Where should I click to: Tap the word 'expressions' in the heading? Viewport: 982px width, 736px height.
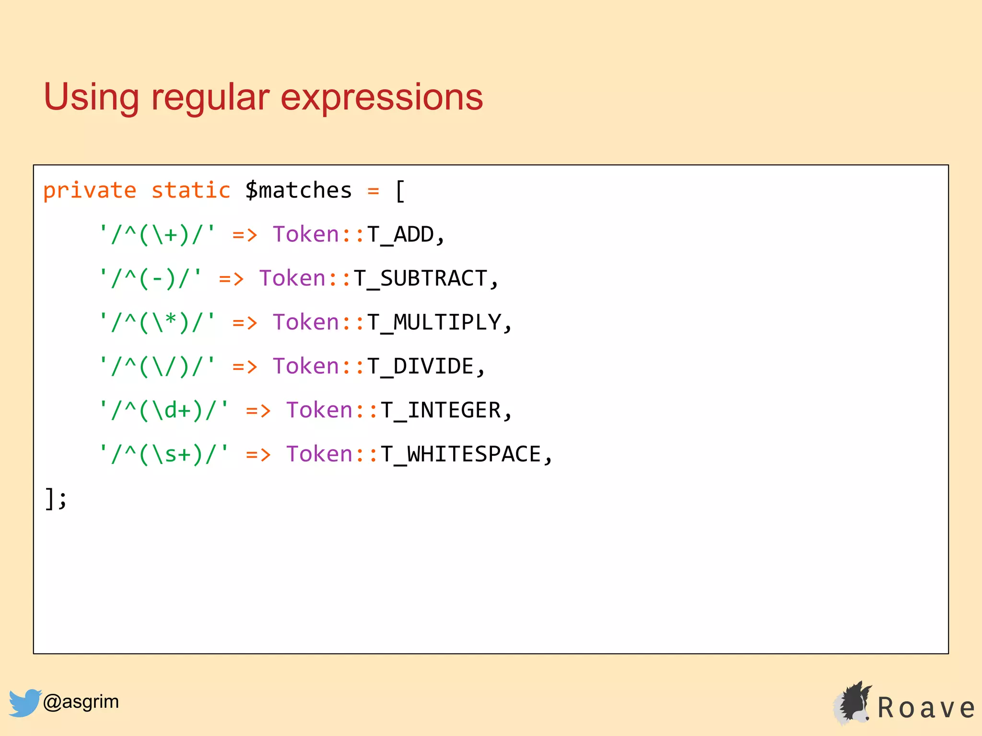pyautogui.click(x=382, y=98)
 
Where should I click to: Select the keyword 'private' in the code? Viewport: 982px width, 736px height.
pyautogui.click(x=90, y=191)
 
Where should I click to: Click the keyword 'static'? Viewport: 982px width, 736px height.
pyautogui.click(x=191, y=191)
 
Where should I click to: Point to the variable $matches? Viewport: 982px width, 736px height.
pyautogui.click(x=298, y=191)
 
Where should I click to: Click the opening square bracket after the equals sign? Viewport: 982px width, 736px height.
pyautogui.click(x=400, y=191)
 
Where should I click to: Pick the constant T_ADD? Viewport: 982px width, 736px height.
pyautogui.click(x=400, y=235)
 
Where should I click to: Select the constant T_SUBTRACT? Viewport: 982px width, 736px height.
pyautogui.click(x=421, y=279)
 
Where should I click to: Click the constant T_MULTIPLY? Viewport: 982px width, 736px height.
pyautogui.click(x=434, y=322)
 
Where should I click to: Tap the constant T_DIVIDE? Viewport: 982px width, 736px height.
pyautogui.click(x=421, y=367)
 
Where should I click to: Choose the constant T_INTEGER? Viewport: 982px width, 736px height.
pyautogui.click(x=441, y=411)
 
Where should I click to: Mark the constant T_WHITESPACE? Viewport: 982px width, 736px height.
pyautogui.click(x=461, y=454)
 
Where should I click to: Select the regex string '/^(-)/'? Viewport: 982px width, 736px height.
pyautogui.click(x=151, y=279)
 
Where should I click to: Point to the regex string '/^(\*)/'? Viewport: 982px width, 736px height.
pyautogui.click(x=157, y=322)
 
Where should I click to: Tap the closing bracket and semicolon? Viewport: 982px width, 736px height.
pyautogui.click(x=56, y=499)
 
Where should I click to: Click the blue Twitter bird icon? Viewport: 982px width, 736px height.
pyautogui.click(x=24, y=702)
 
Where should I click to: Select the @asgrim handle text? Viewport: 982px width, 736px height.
pyautogui.click(x=81, y=702)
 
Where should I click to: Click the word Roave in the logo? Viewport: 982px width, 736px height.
pyautogui.click(x=925, y=708)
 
